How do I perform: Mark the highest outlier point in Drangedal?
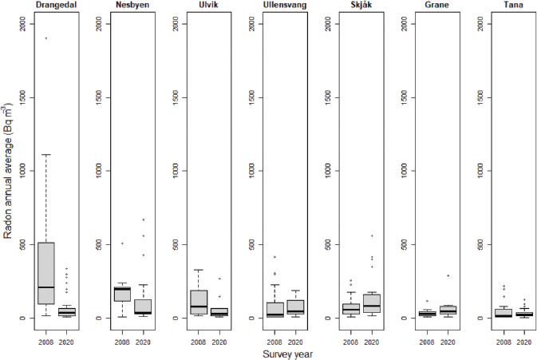45,38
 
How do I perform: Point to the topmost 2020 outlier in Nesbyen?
143,220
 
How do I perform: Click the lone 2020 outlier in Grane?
449,275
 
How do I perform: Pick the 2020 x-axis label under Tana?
525,341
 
